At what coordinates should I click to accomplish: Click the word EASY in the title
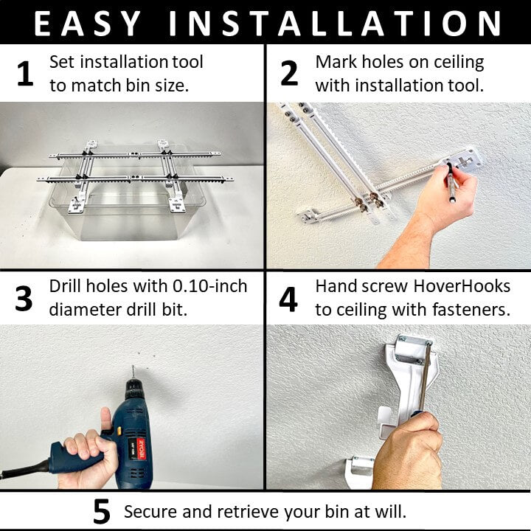pos(87,23)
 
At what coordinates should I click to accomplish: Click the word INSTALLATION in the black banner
pos(335,23)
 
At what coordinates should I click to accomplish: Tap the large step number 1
pos(25,73)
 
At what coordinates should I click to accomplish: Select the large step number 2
pos(289,73)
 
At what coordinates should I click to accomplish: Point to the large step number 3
pos(24,299)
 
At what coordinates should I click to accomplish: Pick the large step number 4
pos(288,299)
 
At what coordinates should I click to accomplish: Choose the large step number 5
pos(102,511)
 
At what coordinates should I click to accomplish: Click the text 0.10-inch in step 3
pos(210,286)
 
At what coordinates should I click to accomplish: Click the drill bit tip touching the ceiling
pos(133,367)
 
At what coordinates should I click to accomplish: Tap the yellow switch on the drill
pos(119,431)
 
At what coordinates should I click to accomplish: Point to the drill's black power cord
pos(24,469)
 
